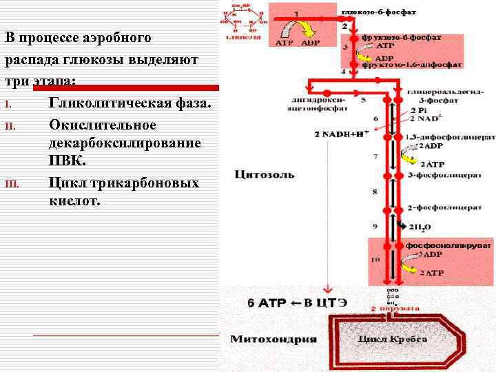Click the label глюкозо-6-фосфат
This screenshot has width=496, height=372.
coord(386,12)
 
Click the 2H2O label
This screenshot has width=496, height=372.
coord(421,227)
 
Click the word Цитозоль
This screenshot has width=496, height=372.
coord(265,174)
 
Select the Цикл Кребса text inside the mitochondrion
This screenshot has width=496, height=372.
coord(393,339)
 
